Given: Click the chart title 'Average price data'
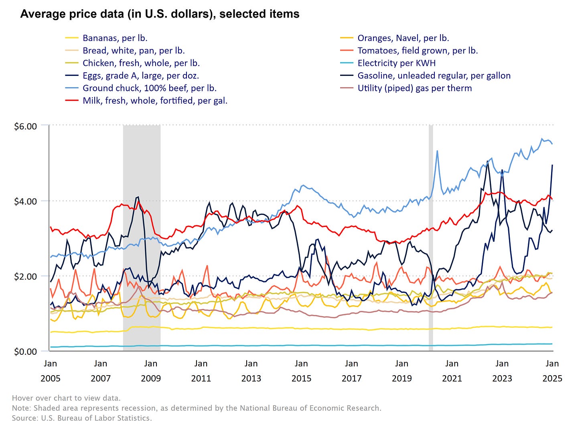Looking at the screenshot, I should pos(159,14).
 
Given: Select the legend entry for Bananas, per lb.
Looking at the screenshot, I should pos(115,38).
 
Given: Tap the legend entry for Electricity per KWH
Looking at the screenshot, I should pos(396,63).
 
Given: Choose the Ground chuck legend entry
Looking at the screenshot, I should pos(149,88).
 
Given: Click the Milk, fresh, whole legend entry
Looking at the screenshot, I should pos(155,100).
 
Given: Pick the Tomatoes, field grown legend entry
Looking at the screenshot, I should pos(417,51).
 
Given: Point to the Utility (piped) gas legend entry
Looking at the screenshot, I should pos(414,88).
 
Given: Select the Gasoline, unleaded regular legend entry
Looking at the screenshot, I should pos(434,76).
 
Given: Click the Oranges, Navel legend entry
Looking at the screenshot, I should pos(403,38).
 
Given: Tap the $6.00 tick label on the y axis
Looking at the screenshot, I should pos(25,127).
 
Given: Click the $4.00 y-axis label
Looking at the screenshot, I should pos(25,201).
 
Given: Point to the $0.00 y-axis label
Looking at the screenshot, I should pos(25,352).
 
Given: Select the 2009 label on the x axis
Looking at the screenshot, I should pos(151,378).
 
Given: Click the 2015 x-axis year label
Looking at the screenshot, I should pos(301,378).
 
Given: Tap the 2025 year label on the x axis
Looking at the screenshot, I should pos(552,378).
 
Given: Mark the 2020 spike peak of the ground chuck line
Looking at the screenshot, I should pos(437,151).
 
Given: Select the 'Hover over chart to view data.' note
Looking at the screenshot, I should pos(66,398).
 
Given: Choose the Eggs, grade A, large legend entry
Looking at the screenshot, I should pos(140,76).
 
